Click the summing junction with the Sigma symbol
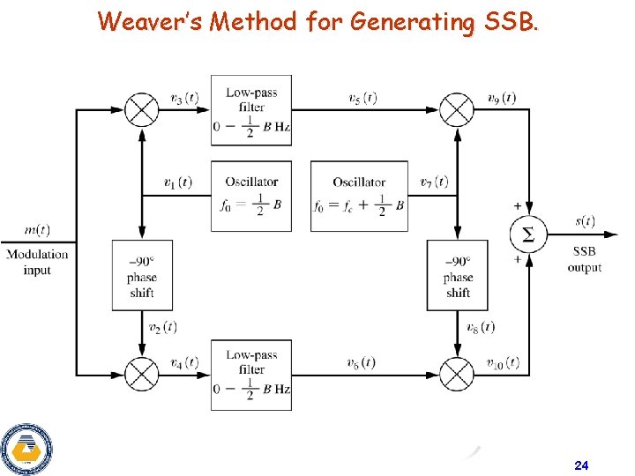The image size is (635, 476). [528, 234]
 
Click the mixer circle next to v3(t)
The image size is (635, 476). [141, 110]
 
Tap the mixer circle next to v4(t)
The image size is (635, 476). [141, 375]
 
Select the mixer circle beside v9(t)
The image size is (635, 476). [457, 110]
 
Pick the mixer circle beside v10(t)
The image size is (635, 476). [457, 375]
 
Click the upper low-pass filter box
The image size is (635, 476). [251, 109]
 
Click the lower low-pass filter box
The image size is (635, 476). [251, 374]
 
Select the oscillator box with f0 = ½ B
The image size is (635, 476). [251, 196]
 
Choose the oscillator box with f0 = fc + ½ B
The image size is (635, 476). [359, 196]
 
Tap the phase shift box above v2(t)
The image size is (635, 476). [141, 275]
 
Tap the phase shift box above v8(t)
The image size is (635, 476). [458, 275]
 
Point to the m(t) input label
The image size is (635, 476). [37, 230]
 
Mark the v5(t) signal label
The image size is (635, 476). [362, 98]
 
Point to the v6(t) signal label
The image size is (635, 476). [362, 362]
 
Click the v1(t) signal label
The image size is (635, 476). [178, 182]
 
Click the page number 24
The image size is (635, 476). [581, 465]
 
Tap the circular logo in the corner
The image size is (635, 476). [26, 450]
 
